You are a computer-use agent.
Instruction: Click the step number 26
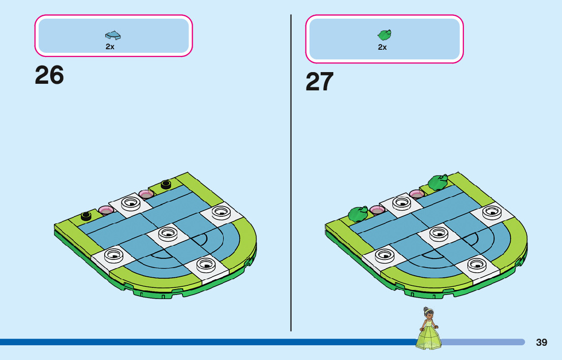coord(49,76)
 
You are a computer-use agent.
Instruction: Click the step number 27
coord(320,82)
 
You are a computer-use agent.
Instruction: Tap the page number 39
coord(542,342)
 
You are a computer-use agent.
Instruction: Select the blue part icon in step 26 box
coord(113,35)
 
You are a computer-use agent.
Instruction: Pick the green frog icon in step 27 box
coord(384,35)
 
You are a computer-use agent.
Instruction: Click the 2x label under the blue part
coord(110,47)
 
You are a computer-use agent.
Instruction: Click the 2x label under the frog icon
coord(382,47)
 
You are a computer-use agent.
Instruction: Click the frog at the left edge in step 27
coord(358,213)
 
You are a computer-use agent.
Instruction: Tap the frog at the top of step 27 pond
coord(438,181)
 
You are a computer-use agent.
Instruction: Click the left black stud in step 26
coord(86,216)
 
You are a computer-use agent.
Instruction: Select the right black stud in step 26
coord(166,184)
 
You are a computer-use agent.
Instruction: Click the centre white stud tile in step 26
coord(167,234)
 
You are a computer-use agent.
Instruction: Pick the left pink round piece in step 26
coord(106,210)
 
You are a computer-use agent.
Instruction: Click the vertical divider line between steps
coord(291,173)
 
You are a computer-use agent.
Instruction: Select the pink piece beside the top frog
coord(417,194)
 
